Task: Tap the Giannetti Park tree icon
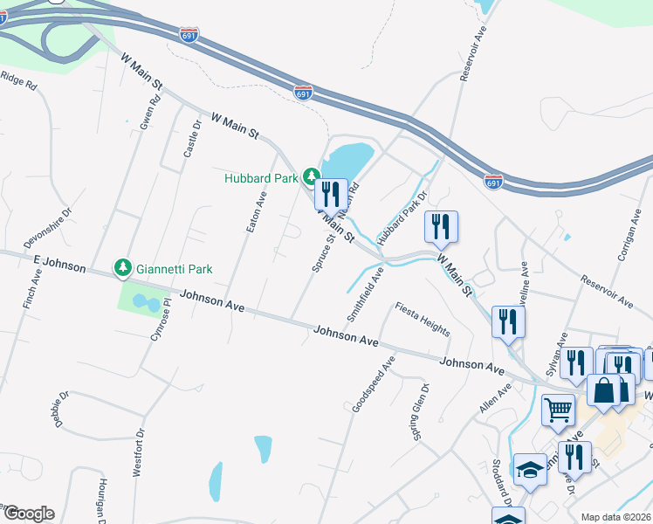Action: [124, 268]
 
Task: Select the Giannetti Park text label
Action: [175, 269]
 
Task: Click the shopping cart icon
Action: [558, 409]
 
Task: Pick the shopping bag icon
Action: [603, 390]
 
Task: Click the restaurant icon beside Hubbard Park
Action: [330, 194]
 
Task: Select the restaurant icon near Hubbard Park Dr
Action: [440, 225]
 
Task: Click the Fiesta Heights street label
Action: [423, 319]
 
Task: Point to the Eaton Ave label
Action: [254, 211]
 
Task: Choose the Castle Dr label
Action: [192, 139]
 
